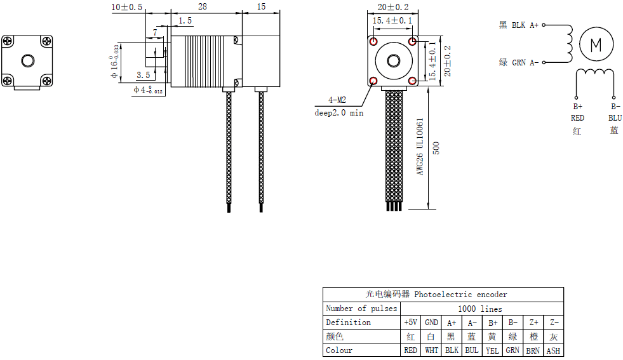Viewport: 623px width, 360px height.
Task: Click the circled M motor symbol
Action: pyautogui.click(x=596, y=44)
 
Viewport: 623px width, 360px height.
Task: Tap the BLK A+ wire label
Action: pyautogui.click(x=519, y=25)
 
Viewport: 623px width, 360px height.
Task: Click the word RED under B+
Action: pyautogui.click(x=577, y=118)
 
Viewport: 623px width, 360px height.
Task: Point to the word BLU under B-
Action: pyautogui.click(x=615, y=118)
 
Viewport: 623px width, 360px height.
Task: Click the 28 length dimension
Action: pyautogui.click(x=203, y=6)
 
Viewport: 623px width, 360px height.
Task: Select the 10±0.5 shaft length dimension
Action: pyautogui.click(x=127, y=6)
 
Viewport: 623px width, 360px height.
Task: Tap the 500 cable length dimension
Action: pyautogui.click(x=436, y=148)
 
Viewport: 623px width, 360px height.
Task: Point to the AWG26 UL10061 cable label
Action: pyautogui.click(x=420, y=146)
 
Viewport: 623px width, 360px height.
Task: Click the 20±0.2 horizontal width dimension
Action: pyautogui.click(x=394, y=7)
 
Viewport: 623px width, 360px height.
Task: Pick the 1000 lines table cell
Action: pyautogui.click(x=480, y=309)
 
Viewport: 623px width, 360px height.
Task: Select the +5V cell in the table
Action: pyautogui.click(x=410, y=323)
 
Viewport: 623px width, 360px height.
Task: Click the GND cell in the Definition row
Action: pyautogui.click(x=431, y=323)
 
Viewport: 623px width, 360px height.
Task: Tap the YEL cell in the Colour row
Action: pyautogui.click(x=492, y=350)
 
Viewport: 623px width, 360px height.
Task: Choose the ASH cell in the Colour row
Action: pyautogui.click(x=553, y=350)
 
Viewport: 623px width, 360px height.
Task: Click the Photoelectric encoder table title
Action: pyautogui.click(x=443, y=295)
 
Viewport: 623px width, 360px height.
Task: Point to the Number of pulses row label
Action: pyautogui.click(x=361, y=309)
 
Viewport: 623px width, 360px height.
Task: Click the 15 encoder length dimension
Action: pyautogui.click(x=262, y=6)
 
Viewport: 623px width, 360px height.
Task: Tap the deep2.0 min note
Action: pyautogui.click(x=339, y=112)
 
